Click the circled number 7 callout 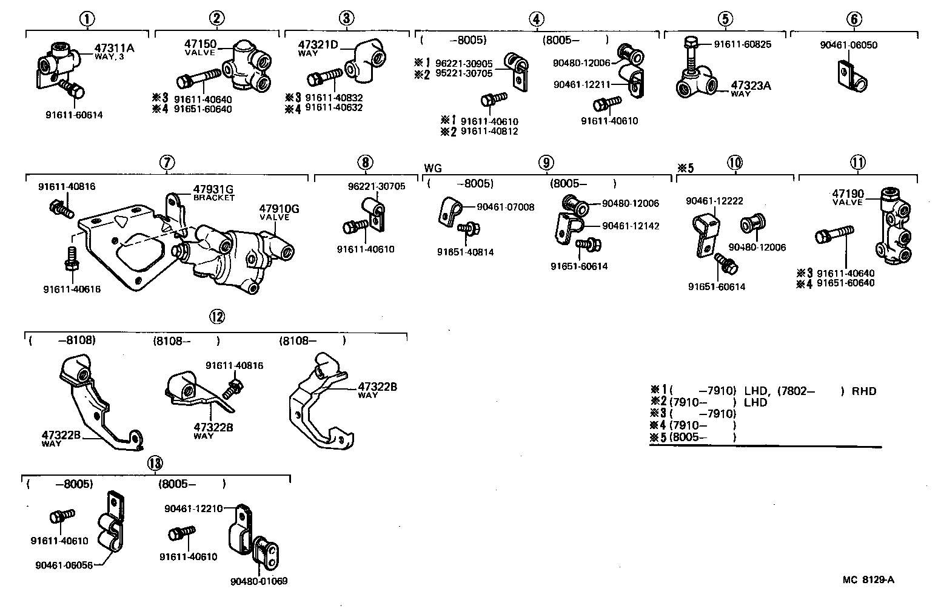pos(167,162)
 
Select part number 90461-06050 pos(848,45)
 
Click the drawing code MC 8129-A pos(868,579)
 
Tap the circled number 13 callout pos(156,464)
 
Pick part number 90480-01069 pos(259,581)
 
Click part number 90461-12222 pos(715,201)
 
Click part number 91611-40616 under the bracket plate pos(72,289)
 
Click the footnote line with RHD pos(763,391)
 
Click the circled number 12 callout pos(216,316)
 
